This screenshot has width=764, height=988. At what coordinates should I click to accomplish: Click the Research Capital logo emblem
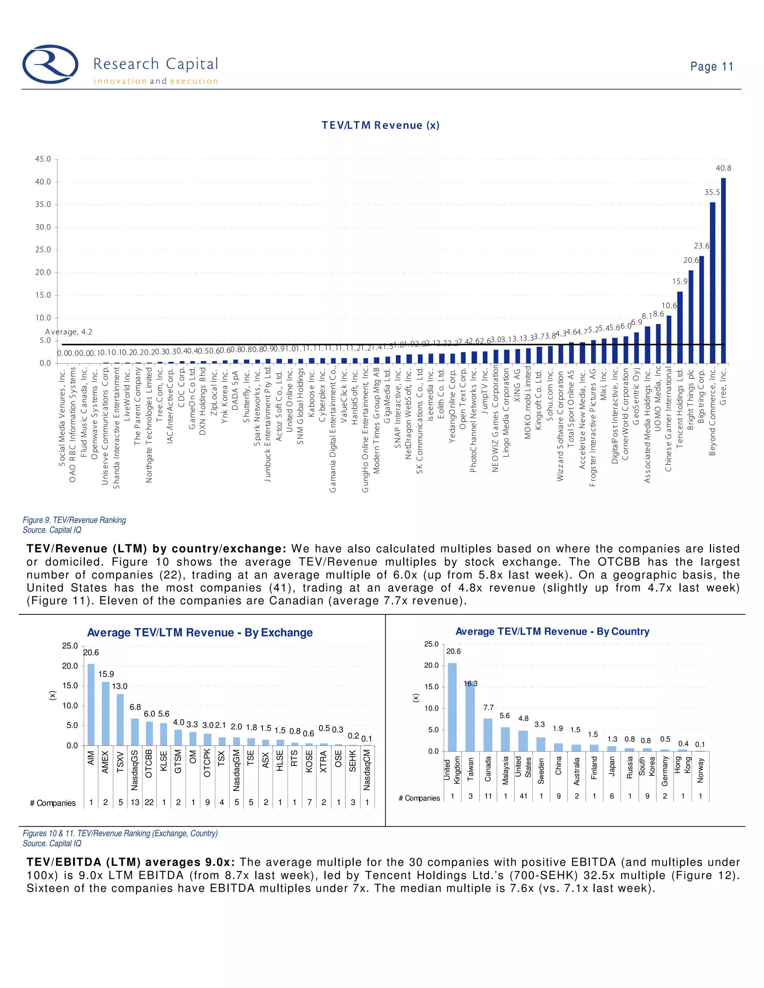(x=50, y=64)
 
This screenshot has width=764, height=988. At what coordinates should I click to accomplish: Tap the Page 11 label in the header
(x=711, y=66)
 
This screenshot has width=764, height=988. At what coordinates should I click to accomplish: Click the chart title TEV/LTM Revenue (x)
(x=380, y=125)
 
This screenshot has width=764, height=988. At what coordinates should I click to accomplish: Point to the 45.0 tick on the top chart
(x=43, y=159)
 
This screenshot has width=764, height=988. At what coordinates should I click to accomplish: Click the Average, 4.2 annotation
(x=68, y=332)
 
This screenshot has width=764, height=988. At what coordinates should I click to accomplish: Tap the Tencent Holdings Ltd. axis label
(x=679, y=409)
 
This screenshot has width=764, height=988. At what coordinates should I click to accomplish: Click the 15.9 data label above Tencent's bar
(x=679, y=281)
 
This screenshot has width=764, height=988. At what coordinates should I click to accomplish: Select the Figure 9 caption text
(x=74, y=520)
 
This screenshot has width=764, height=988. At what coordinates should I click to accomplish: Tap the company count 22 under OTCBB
(x=149, y=803)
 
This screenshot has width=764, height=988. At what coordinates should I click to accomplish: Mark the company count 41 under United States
(x=523, y=796)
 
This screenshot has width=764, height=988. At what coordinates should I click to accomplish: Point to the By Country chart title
(x=552, y=632)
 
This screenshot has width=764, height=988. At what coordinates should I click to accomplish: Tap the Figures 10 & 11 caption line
(x=120, y=833)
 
